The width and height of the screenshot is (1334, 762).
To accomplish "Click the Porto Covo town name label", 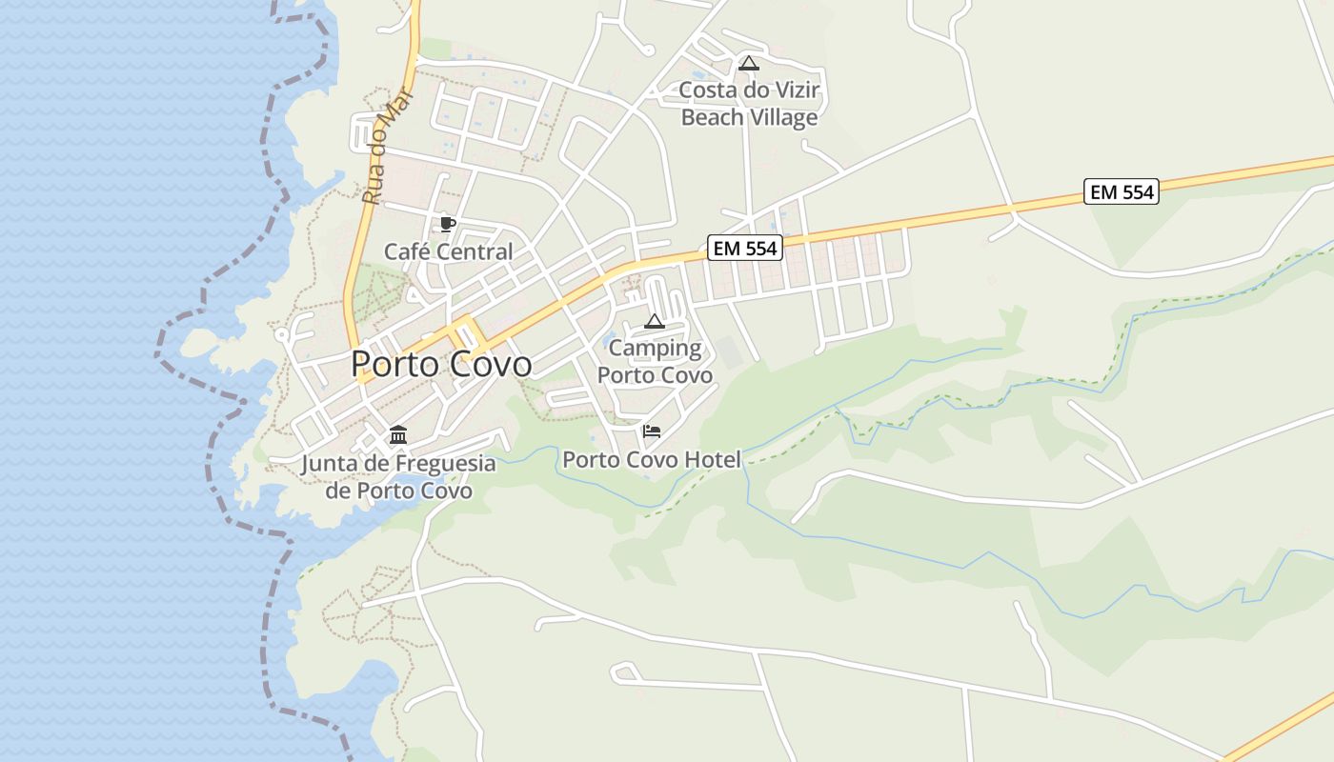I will coord(441,364).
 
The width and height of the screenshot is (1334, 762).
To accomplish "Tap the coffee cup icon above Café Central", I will coord(447,225).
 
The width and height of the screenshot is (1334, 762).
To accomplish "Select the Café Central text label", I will coord(448,251).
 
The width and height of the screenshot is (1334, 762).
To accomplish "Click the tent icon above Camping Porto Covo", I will coord(654,321).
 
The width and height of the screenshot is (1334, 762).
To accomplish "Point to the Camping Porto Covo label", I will coord(655,361).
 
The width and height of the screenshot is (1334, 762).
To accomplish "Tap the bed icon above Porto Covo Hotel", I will coord(652,431).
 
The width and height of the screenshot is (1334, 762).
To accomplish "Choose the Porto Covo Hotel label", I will coord(651,459).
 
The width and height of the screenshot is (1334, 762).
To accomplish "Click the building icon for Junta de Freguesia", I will coord(398,435).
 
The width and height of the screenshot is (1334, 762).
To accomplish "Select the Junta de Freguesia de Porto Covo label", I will coord(398,476).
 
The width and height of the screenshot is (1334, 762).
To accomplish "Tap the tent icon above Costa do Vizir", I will coord(749,64).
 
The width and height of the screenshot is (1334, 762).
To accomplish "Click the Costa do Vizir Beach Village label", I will coord(749,104).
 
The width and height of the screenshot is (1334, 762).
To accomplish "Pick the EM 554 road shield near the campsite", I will coord(745,249).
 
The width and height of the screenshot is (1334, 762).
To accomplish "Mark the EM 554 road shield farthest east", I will coord(1122,191).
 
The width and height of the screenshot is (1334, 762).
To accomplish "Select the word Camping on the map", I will coord(655,348).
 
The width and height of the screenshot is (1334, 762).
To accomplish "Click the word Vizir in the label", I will coord(793,90).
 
